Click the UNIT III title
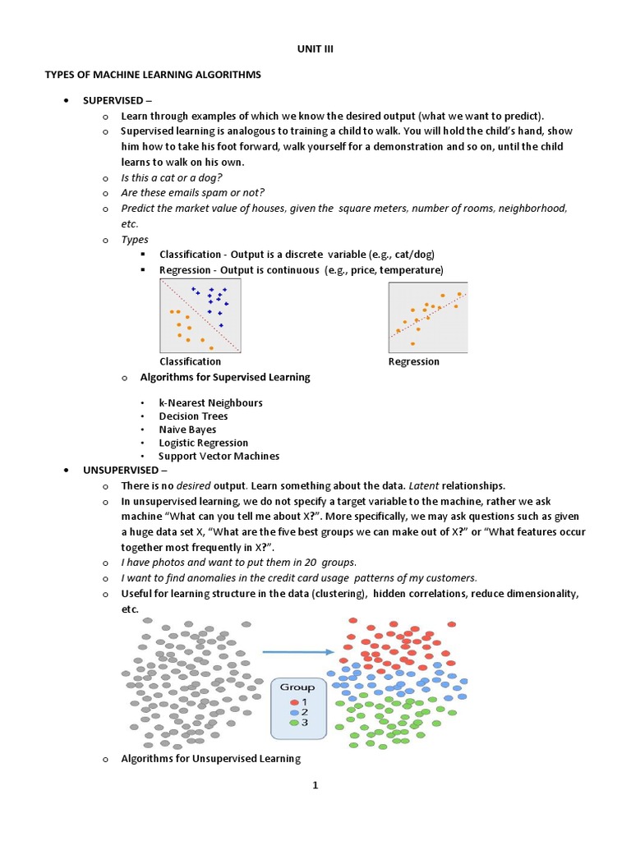(315, 49)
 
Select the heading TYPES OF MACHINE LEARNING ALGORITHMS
(152, 75)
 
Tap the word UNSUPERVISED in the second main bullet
(119, 470)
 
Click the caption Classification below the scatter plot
(190, 361)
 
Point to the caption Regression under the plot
(413, 361)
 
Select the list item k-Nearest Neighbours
(210, 403)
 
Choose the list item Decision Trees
(193, 416)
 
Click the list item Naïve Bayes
(187, 430)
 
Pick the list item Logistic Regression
(203, 443)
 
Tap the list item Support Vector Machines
(219, 456)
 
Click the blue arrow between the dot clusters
(297, 652)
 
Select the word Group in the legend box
(297, 687)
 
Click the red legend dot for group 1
(293, 701)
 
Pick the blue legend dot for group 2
(293, 711)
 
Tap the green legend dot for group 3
(293, 722)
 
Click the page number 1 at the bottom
(315, 785)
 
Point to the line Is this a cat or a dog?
(172, 177)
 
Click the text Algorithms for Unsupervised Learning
(211, 759)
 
